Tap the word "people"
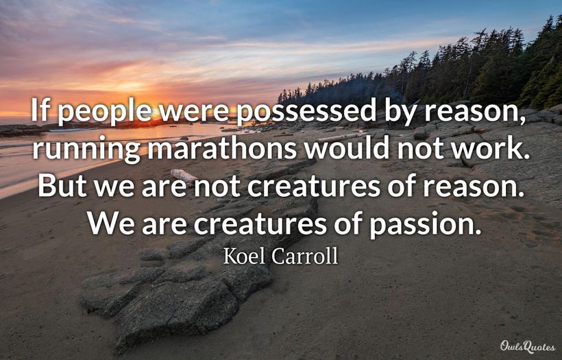coord(105,112)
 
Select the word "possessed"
coord(306,112)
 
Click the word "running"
coord(86,150)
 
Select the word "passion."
coord(426,225)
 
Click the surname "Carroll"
coord(305,256)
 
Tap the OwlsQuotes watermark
coord(528,347)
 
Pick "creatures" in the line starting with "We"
coord(260,224)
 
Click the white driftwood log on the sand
coord(184,176)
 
